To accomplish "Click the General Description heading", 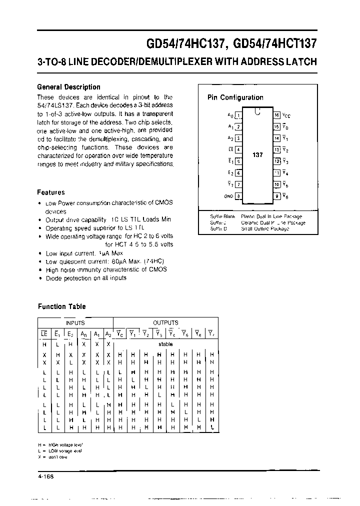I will coord(68,87).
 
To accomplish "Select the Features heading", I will coord(51,192).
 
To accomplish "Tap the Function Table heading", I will coord(62,306).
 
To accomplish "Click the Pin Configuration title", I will coord(235,97).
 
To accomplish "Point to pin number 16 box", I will coord(276,115).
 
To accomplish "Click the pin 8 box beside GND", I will coord(239,196).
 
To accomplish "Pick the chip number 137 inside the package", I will coord(257,155).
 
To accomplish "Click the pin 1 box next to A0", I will coord(239,115).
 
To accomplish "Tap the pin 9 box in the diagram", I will coord(276,196).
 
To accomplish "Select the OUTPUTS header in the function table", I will coord(165,323).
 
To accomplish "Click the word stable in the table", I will coord(165,344).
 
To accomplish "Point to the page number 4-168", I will coord(45,476).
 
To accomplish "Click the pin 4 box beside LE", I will coord(239,149).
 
